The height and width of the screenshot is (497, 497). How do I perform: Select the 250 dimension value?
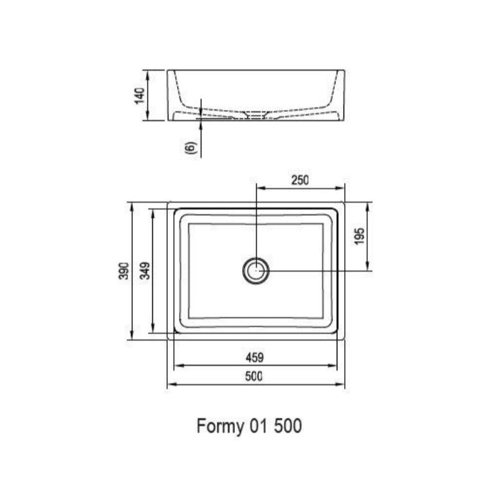point(299,181)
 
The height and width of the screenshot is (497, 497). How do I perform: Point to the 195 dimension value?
point(360,236)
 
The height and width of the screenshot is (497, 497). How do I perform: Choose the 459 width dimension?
point(255,357)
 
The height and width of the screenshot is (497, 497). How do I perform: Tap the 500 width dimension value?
point(255,376)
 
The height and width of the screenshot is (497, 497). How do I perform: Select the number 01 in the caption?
point(258,426)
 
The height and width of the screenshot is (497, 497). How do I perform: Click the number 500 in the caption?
point(288,426)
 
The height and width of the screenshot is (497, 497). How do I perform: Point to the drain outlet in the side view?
point(255,115)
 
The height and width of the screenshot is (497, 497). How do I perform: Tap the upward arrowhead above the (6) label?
point(202,124)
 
